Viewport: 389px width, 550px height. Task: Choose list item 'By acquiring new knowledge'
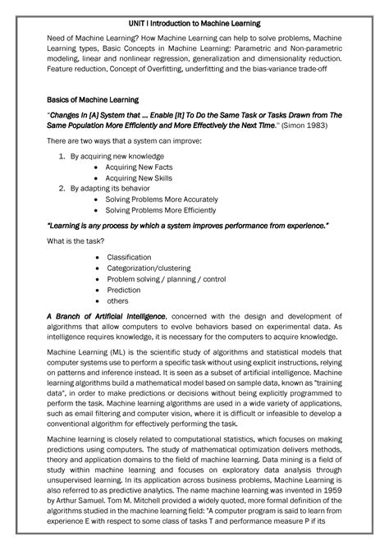[117, 155]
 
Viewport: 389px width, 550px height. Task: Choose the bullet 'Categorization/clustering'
[149, 268]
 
